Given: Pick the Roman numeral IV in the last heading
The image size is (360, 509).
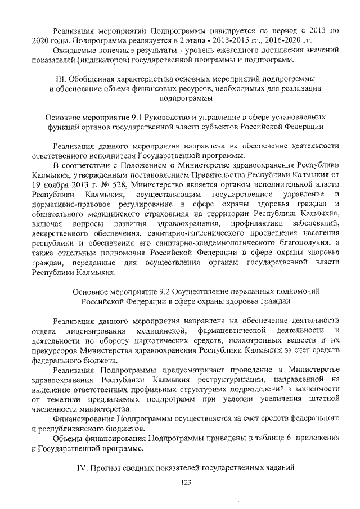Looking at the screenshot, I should tap(82, 468).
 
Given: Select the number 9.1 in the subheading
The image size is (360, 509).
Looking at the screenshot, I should tap(137, 117).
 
